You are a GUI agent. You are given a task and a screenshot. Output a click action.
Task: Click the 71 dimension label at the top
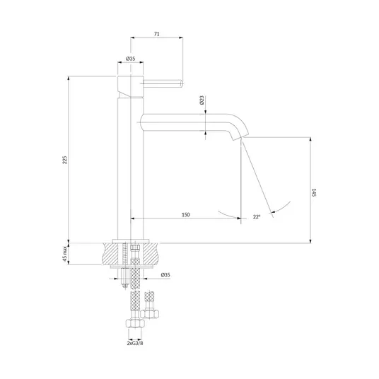click(x=157, y=34)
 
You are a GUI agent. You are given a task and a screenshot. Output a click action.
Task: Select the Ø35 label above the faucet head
click(x=131, y=59)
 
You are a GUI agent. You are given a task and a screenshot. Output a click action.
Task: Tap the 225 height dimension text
click(x=65, y=160)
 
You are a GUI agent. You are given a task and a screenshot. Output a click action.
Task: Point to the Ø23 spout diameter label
click(x=202, y=100)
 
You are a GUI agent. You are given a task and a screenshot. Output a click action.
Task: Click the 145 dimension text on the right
click(x=314, y=192)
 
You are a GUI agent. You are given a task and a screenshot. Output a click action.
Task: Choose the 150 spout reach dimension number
click(x=186, y=215)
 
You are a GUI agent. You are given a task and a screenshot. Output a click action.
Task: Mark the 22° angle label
click(x=257, y=216)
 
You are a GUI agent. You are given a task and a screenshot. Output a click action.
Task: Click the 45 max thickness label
click(x=65, y=254)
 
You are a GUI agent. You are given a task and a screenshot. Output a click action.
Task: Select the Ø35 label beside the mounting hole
click(x=165, y=275)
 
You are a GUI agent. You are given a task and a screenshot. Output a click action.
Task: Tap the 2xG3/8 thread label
click(x=135, y=343)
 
